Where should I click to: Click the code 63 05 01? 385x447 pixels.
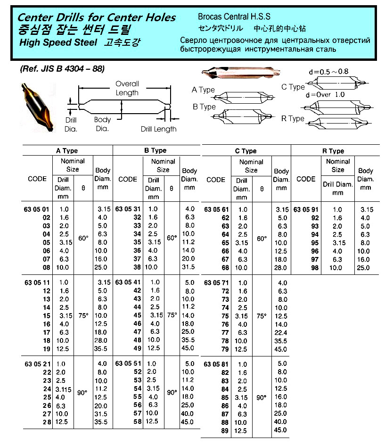point(36,209)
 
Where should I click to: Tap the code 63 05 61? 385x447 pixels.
point(216,209)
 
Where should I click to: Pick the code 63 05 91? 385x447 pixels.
point(306,209)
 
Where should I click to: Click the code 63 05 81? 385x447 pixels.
point(216,364)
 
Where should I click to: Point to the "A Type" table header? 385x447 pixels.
point(67,151)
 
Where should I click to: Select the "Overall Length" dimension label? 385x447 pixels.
point(127,88)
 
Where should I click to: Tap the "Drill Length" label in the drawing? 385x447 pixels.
point(159,129)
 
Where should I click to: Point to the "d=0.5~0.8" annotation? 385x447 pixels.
point(328,72)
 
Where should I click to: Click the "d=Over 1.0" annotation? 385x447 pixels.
point(325,94)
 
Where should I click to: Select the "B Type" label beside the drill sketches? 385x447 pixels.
point(204,107)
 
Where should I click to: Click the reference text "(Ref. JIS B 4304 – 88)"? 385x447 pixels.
point(62,68)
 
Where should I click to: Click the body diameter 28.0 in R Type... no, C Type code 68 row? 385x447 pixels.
point(281,268)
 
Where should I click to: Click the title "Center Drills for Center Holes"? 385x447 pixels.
point(97,17)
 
